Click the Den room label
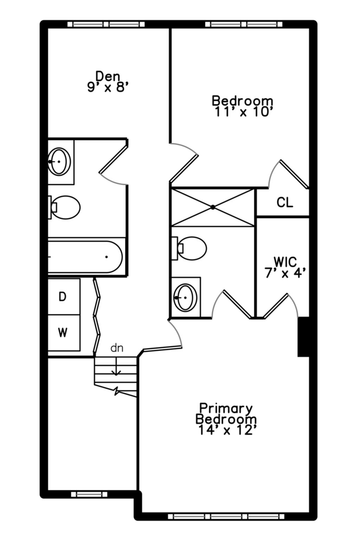tap(108, 76)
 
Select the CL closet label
tap(284, 202)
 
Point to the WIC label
tap(285, 262)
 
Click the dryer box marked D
tap(63, 297)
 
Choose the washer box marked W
tap(63, 332)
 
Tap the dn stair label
tap(117, 348)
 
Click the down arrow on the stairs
tap(116, 371)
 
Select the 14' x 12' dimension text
tap(226, 430)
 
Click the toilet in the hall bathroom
tap(65, 207)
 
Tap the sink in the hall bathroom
tap(59, 161)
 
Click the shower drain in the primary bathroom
tap(213, 207)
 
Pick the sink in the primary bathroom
tap(186, 297)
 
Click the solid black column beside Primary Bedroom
tap(303, 337)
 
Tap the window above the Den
tap(106, 24)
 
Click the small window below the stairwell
tap(89, 494)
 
